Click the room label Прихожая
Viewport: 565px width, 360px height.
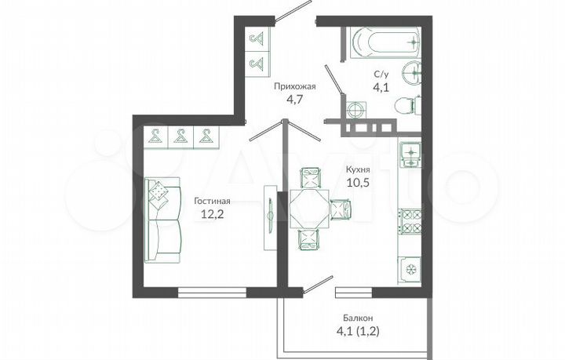pyautogui.click(x=294, y=87)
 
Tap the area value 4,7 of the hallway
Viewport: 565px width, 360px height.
pyautogui.click(x=294, y=100)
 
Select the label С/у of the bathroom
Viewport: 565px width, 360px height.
pyautogui.click(x=381, y=76)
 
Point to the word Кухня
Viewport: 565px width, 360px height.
pyautogui.click(x=357, y=169)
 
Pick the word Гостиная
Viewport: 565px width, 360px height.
pyautogui.click(x=212, y=201)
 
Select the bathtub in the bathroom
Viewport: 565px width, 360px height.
pyautogui.click(x=385, y=42)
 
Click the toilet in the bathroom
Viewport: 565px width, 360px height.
pyautogui.click(x=407, y=105)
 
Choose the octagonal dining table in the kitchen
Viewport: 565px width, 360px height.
pyautogui.click(x=309, y=209)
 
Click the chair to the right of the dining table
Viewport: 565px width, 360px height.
pyautogui.click(x=341, y=209)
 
